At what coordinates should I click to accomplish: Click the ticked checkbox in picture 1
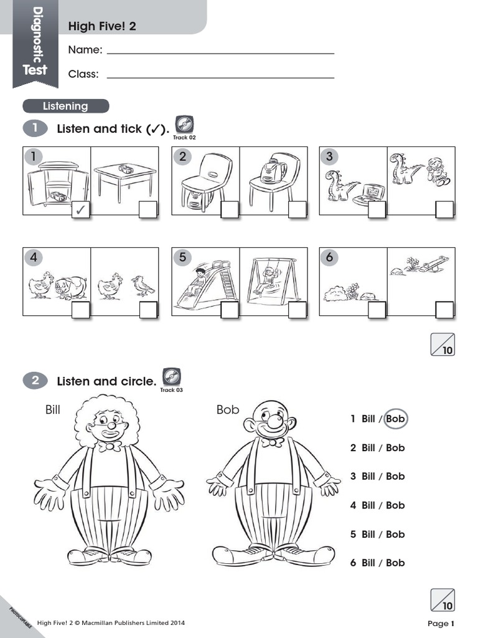pyautogui.click(x=81, y=209)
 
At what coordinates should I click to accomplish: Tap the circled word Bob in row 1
pyautogui.click(x=395, y=419)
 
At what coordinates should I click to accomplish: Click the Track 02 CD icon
pyautogui.click(x=184, y=125)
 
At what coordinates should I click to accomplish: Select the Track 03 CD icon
pyautogui.click(x=172, y=377)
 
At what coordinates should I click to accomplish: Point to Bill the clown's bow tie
pyautogui.click(x=110, y=446)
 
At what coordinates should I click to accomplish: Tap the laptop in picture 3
pyautogui.click(x=368, y=195)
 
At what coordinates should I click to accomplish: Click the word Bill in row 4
pyautogui.click(x=368, y=505)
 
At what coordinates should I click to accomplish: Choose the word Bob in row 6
pyautogui.click(x=395, y=563)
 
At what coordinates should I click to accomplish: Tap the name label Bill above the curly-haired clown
pyautogui.click(x=53, y=409)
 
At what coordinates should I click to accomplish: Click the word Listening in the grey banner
pyautogui.click(x=65, y=106)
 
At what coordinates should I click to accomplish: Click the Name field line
pyautogui.click(x=220, y=54)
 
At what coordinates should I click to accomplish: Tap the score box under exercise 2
pyautogui.click(x=443, y=600)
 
